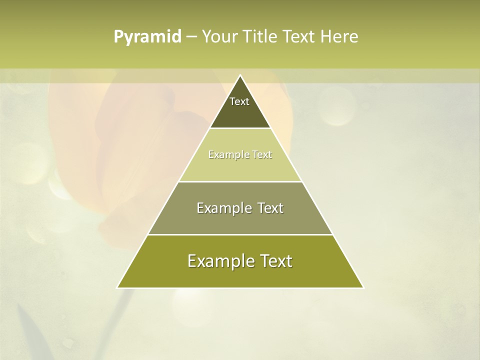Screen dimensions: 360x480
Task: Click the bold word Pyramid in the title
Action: (147, 37)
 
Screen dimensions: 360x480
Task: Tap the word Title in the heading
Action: (263, 36)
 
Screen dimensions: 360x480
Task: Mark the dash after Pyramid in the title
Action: (191, 37)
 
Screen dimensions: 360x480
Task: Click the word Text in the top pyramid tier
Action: (239, 101)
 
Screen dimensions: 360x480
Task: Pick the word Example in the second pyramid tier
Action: (224, 154)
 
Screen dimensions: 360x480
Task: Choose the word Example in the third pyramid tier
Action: (218, 208)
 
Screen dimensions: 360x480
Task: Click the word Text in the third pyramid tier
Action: (270, 208)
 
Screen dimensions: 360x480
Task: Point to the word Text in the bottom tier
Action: (275, 261)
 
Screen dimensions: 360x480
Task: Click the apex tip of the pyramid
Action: (240, 75)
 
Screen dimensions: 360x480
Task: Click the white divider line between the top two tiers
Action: (240, 128)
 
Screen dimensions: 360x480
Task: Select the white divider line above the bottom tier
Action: (240, 234)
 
